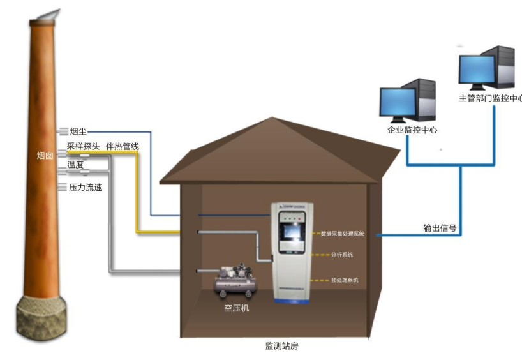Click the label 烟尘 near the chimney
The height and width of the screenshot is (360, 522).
(x=78, y=131)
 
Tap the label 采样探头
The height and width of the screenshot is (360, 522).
(x=83, y=147)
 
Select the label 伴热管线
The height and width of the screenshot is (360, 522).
(x=122, y=147)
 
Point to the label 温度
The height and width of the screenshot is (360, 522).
(x=75, y=165)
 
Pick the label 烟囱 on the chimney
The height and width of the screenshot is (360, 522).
(x=45, y=155)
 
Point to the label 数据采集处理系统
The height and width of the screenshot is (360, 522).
(x=342, y=234)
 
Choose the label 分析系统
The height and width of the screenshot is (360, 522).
(x=341, y=255)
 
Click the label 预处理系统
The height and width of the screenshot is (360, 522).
(x=345, y=280)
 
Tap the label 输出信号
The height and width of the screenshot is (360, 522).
(x=440, y=227)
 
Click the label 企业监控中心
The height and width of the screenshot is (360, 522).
(x=412, y=130)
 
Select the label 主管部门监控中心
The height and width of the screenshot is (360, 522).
(x=491, y=99)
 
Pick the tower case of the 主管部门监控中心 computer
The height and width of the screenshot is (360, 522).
(x=505, y=68)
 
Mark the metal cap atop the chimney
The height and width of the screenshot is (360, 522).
(x=47, y=17)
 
